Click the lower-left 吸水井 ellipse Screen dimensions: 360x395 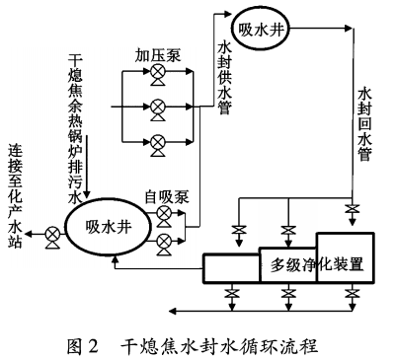106,233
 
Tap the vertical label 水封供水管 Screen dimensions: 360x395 223,75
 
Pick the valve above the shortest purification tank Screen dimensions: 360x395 237,231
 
